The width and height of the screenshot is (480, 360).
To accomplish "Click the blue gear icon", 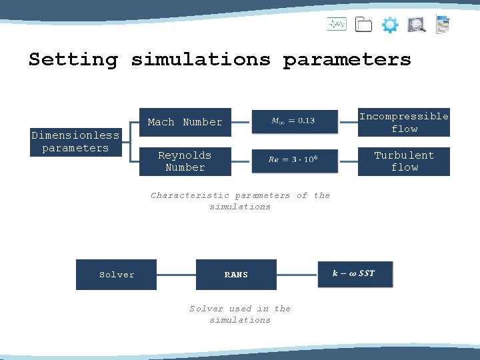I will coord(390,26).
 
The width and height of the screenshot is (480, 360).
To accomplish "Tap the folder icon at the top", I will coord(363,25).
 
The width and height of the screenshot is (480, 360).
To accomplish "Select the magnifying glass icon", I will coord(417,25).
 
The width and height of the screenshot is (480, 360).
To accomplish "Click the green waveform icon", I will coord(337,25).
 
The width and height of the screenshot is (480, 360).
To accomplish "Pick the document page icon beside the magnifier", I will coord(443,25).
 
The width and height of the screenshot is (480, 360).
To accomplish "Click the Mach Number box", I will coord(185,122).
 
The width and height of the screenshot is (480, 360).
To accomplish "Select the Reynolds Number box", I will coord(185,161).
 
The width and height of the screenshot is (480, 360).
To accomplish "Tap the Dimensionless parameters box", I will coord(75,142).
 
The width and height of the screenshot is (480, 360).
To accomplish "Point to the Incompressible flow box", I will coord(404,122).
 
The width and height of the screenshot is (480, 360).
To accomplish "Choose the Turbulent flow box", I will coord(404,161).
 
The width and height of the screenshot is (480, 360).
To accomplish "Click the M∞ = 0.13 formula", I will coord(293,121).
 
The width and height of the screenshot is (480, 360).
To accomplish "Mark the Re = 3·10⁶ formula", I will coord(293,159).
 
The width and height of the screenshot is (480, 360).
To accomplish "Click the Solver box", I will coord(117,275).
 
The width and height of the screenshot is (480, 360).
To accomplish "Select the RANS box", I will coord(236,275).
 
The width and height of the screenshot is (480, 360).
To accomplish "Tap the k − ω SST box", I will coord(355,273).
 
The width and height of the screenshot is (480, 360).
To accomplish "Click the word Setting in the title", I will coord(73,59).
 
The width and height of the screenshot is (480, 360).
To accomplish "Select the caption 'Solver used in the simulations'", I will coord(240,314).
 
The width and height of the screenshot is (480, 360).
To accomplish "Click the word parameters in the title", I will coord(347,59).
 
